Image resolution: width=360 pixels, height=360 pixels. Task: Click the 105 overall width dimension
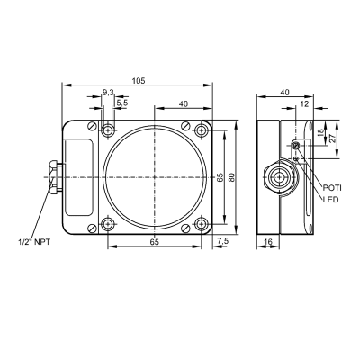(x=139, y=81)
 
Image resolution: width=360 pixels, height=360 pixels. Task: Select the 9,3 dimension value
(x=108, y=93)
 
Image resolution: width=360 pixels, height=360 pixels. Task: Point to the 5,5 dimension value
(x=122, y=103)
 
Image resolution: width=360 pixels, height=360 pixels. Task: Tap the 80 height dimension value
(x=231, y=177)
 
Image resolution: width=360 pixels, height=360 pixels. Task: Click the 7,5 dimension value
(x=223, y=241)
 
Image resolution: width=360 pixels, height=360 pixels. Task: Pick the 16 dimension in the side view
(x=268, y=241)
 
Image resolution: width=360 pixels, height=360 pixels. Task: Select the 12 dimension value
(x=304, y=103)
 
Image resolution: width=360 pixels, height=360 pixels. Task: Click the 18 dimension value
(x=320, y=132)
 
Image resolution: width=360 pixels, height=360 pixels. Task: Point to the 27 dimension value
(x=333, y=139)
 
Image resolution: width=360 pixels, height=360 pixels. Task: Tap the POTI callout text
(x=332, y=188)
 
